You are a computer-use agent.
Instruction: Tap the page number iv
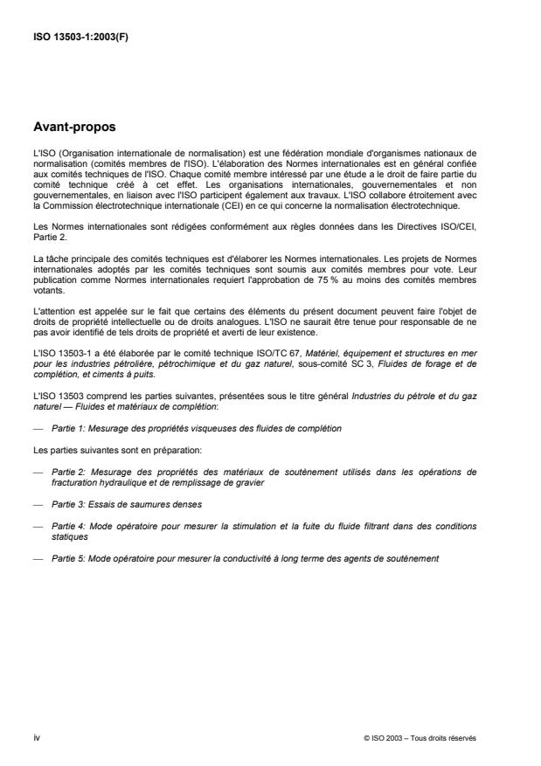pyautogui.click(x=38, y=739)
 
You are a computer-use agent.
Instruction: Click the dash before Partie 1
pyautogui.click(x=39, y=429)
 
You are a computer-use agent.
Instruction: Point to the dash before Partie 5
pyautogui.click(x=39, y=557)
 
